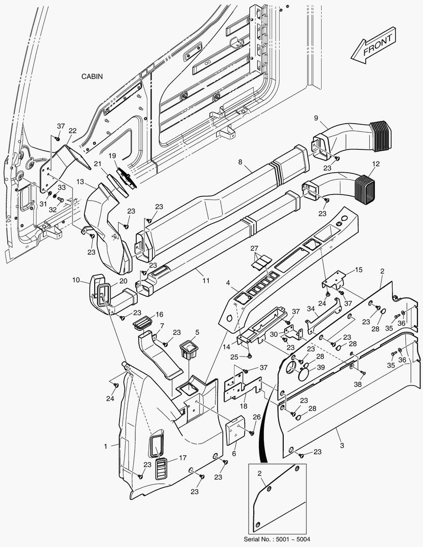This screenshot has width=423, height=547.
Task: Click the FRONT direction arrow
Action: [374, 48]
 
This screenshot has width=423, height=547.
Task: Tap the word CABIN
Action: [92, 76]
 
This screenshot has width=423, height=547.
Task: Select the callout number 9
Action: [316, 119]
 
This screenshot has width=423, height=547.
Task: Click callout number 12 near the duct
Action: [376, 164]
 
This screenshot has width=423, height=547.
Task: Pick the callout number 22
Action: [72, 131]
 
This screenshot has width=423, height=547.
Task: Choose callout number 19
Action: [112, 155]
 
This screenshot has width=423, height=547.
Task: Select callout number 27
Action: [254, 248]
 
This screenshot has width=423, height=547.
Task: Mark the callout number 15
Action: [359, 270]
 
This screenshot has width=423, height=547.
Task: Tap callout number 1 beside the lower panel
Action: [106, 446]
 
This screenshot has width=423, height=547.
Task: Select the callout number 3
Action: [342, 446]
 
